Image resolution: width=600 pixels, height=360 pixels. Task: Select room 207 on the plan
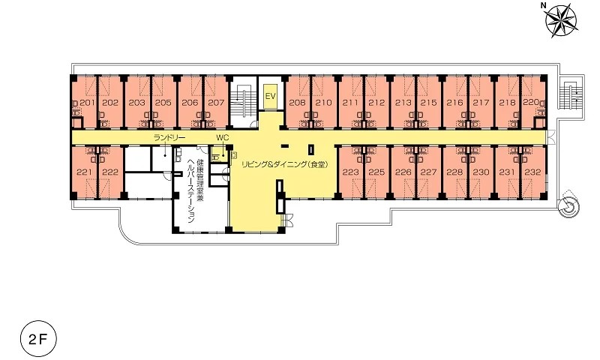pos(217,103)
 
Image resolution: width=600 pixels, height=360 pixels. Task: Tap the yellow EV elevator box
pos(271,96)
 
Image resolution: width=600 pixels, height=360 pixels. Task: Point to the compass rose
pos(561,20)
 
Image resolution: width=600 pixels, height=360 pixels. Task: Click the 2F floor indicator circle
pos(38,339)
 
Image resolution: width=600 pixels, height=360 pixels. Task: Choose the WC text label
pos(222,137)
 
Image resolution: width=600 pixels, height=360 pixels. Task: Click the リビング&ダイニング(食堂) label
pos(285,164)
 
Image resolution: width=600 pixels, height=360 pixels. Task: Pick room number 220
pos(531,103)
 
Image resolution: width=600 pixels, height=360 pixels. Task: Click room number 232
pos(533,172)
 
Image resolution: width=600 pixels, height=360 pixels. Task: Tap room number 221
pos(84,172)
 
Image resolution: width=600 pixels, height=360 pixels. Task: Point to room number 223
pos(350,172)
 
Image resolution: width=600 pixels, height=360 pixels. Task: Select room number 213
pos(403,103)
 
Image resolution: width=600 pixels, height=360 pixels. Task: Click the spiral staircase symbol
pos(568,206)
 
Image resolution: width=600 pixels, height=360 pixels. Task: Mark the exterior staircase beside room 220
pos(571,95)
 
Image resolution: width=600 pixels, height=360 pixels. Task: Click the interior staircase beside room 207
pos(242,101)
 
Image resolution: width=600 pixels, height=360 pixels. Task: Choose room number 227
pos(428,172)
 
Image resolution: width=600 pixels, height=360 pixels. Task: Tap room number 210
pos(324,103)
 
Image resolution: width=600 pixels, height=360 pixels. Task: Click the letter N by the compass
pos(543,5)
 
